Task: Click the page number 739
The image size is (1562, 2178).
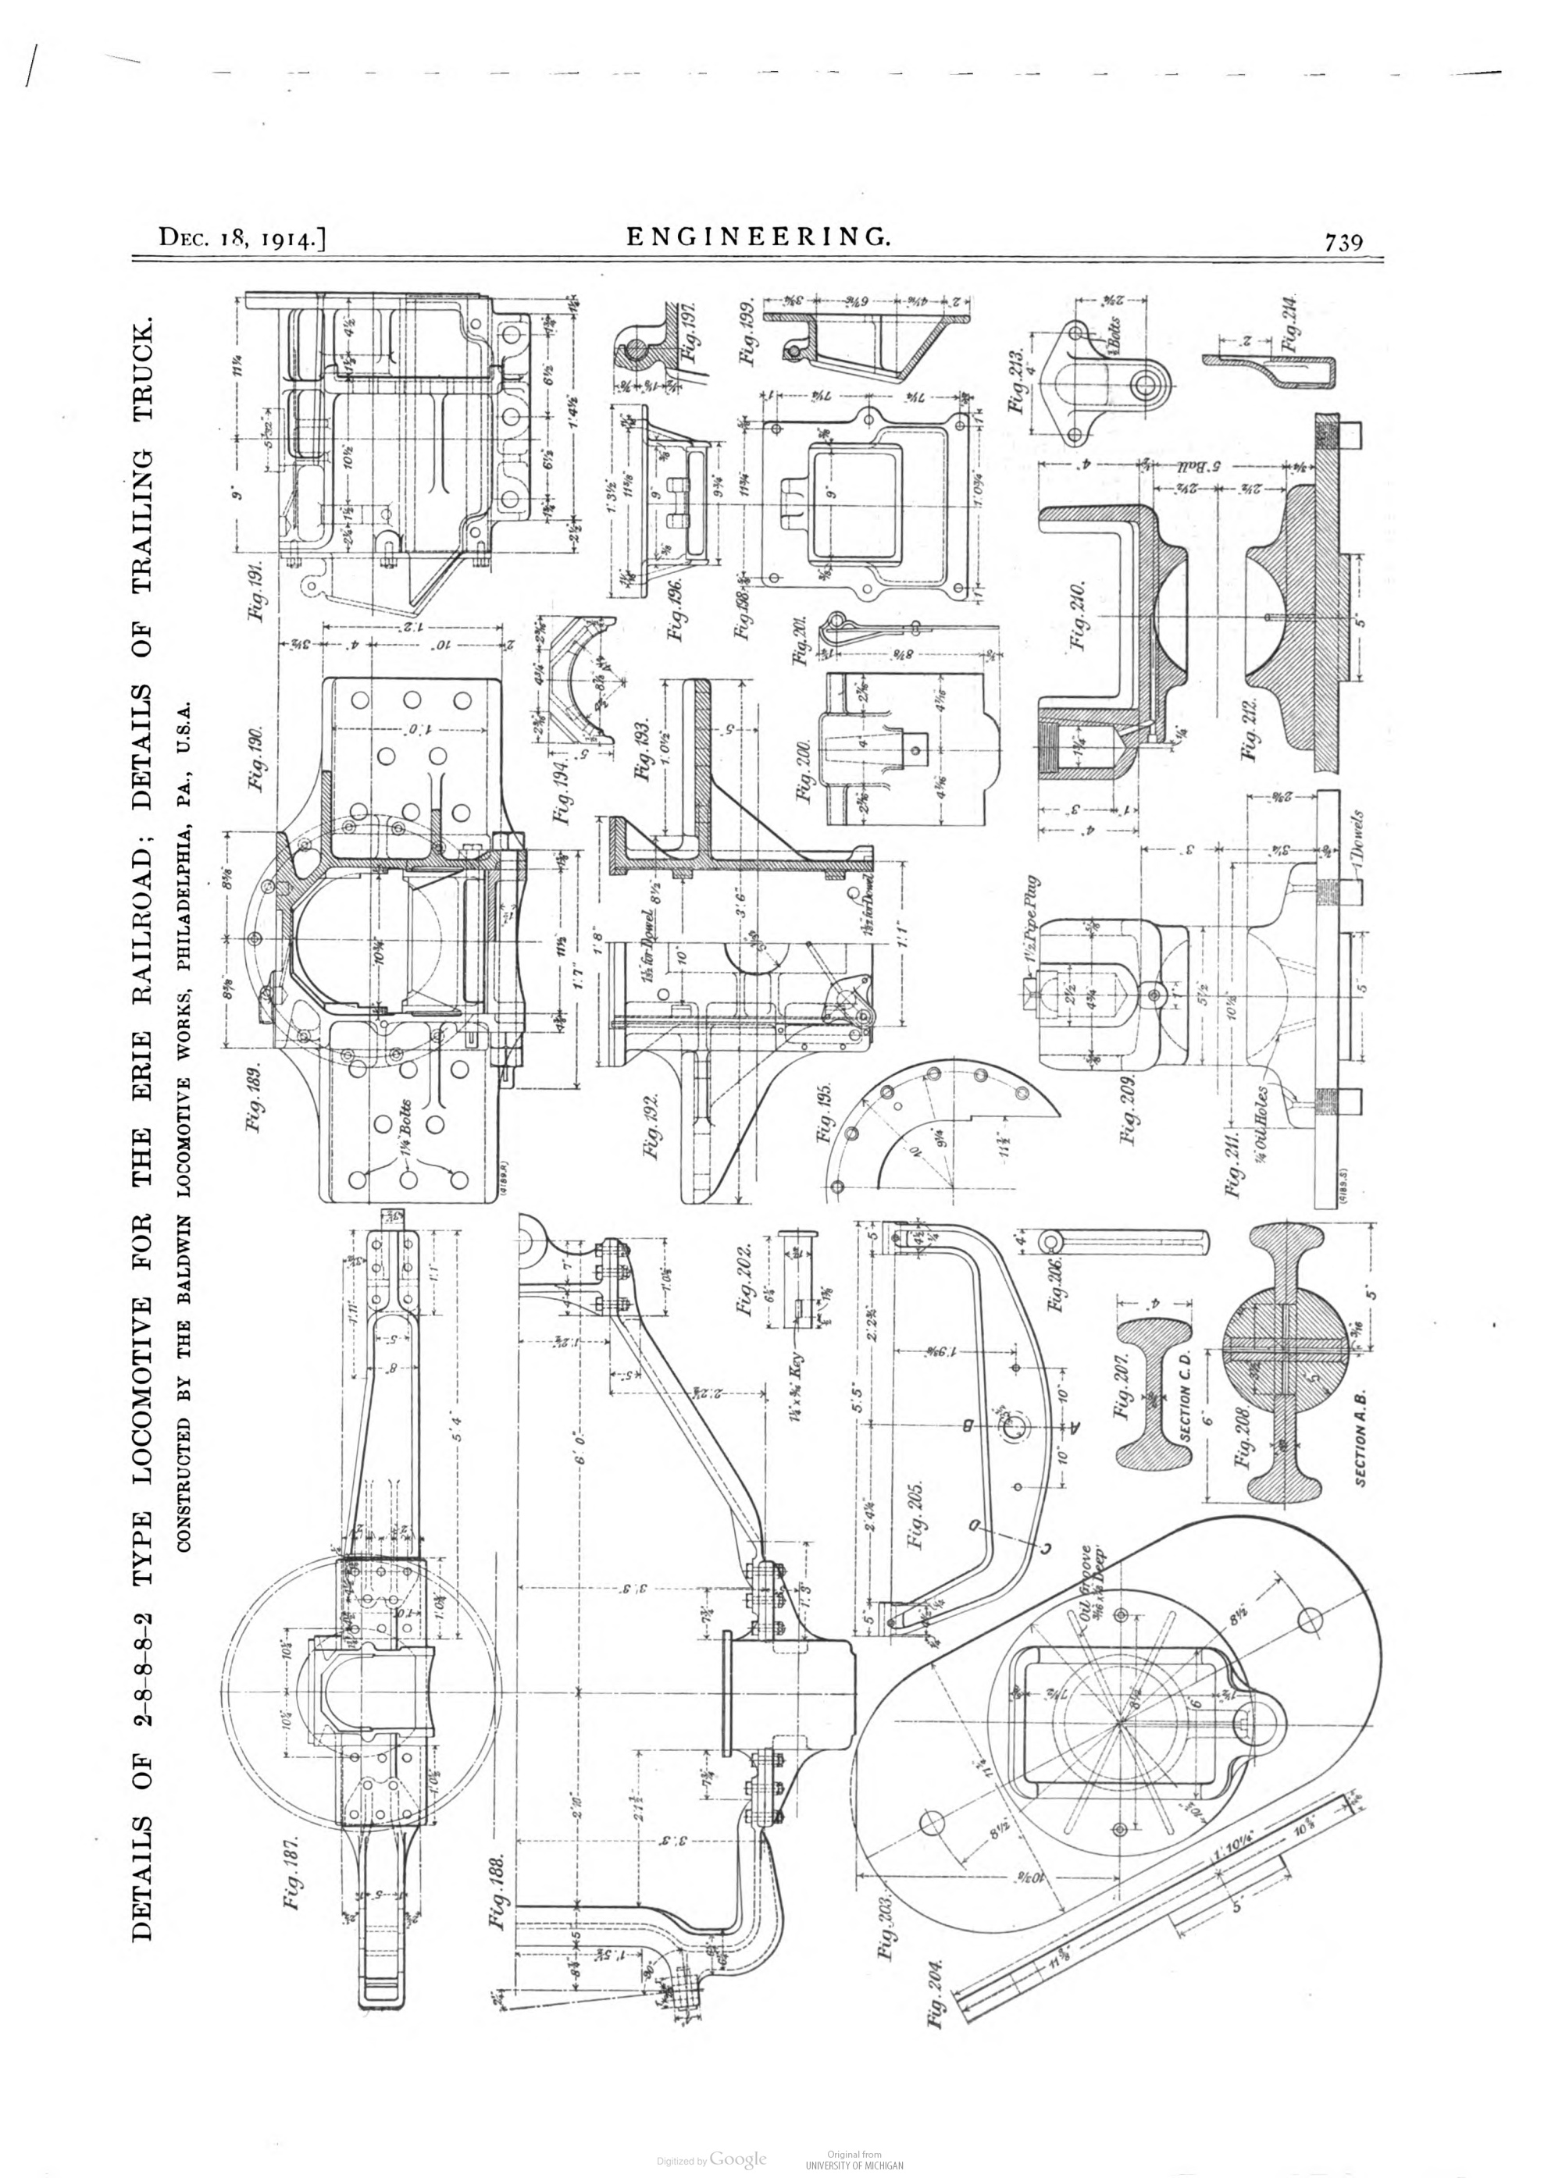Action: click(x=1343, y=242)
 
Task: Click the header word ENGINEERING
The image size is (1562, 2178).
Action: click(x=758, y=237)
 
